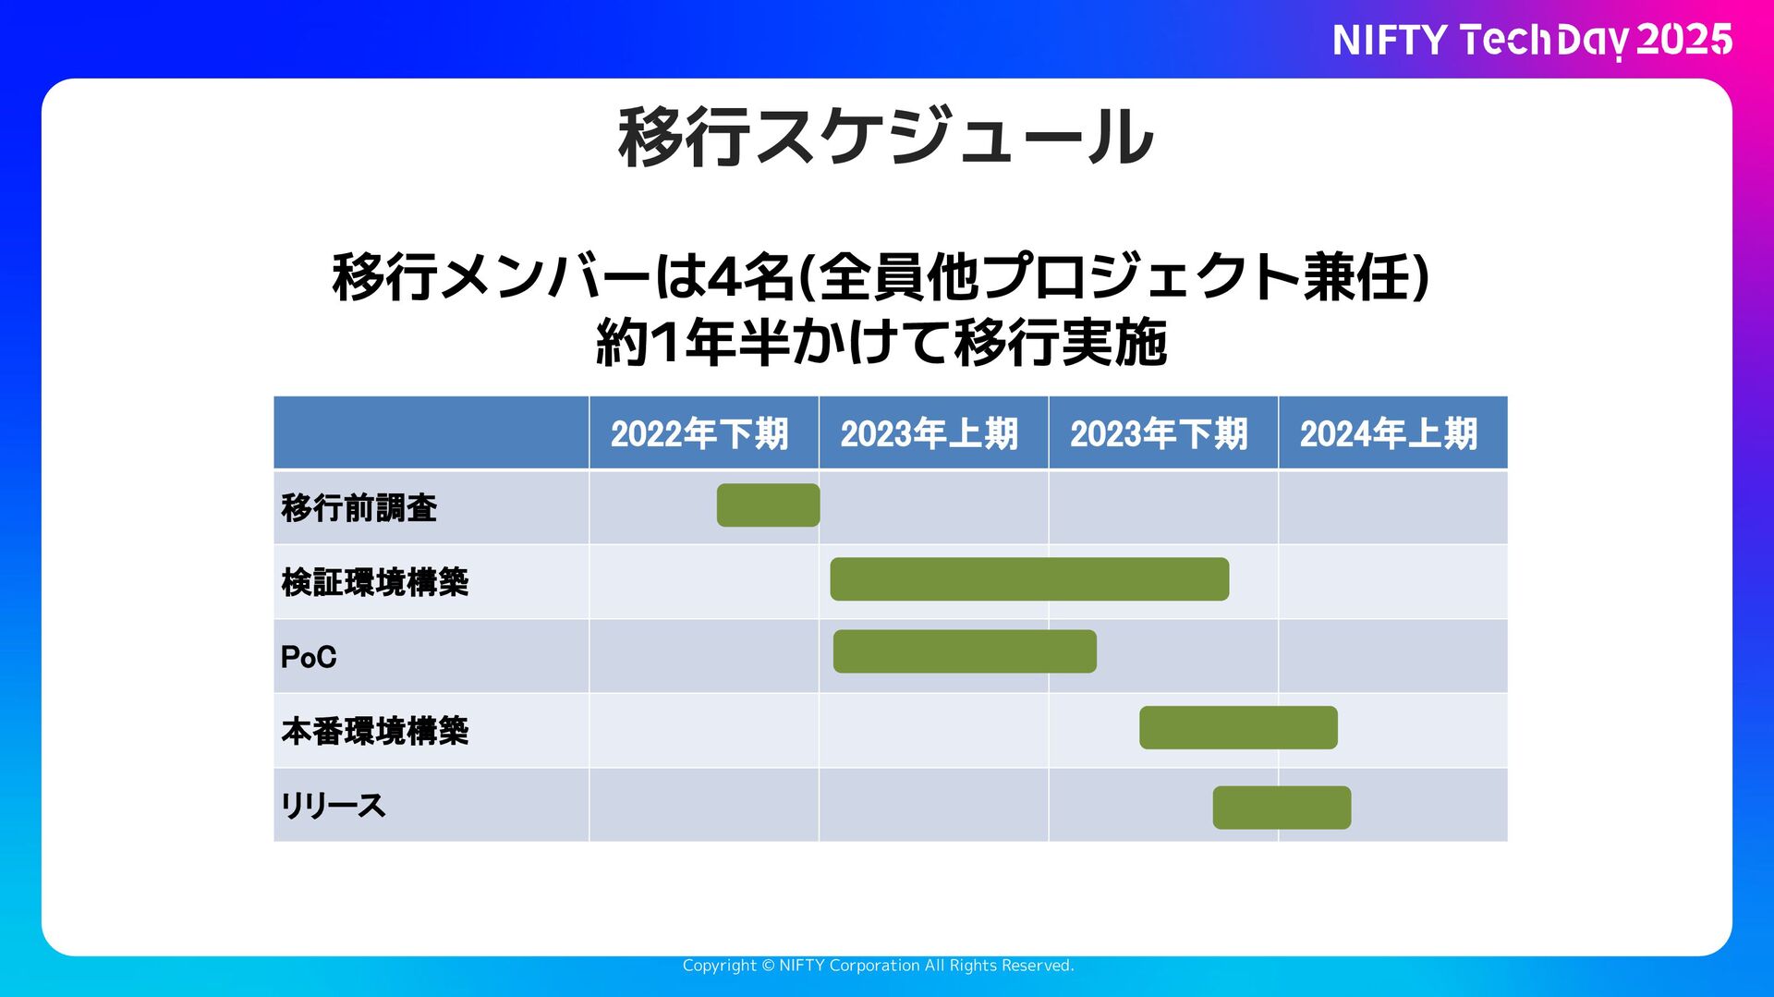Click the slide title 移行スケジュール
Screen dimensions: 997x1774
[x=885, y=137]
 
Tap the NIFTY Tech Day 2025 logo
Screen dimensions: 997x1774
[x=1532, y=40]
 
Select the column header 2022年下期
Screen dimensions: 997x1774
[x=699, y=433]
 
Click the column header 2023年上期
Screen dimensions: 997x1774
[x=930, y=433]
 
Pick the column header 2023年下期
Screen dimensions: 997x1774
[x=1159, y=433]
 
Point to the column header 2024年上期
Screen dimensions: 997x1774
[x=1389, y=433]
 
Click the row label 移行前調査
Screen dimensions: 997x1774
[x=359, y=508]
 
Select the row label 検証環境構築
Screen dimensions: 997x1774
[x=375, y=582]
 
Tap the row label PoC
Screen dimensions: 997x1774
[x=309, y=657]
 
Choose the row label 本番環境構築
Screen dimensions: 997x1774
[x=375, y=731]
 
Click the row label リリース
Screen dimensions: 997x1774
[x=334, y=806]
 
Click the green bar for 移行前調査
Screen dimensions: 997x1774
[x=768, y=505]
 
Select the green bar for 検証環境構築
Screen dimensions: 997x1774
[x=1029, y=579]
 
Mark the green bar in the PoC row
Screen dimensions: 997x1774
[x=965, y=651]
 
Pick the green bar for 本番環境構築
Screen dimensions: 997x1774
[x=1238, y=728]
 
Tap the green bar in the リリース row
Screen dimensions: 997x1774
[x=1282, y=808]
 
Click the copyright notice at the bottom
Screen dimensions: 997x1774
[x=878, y=966]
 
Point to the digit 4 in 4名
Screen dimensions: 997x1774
[x=721, y=277]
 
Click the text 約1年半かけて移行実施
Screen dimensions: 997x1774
[x=881, y=343]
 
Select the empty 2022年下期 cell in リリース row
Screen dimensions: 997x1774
[x=703, y=806]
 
